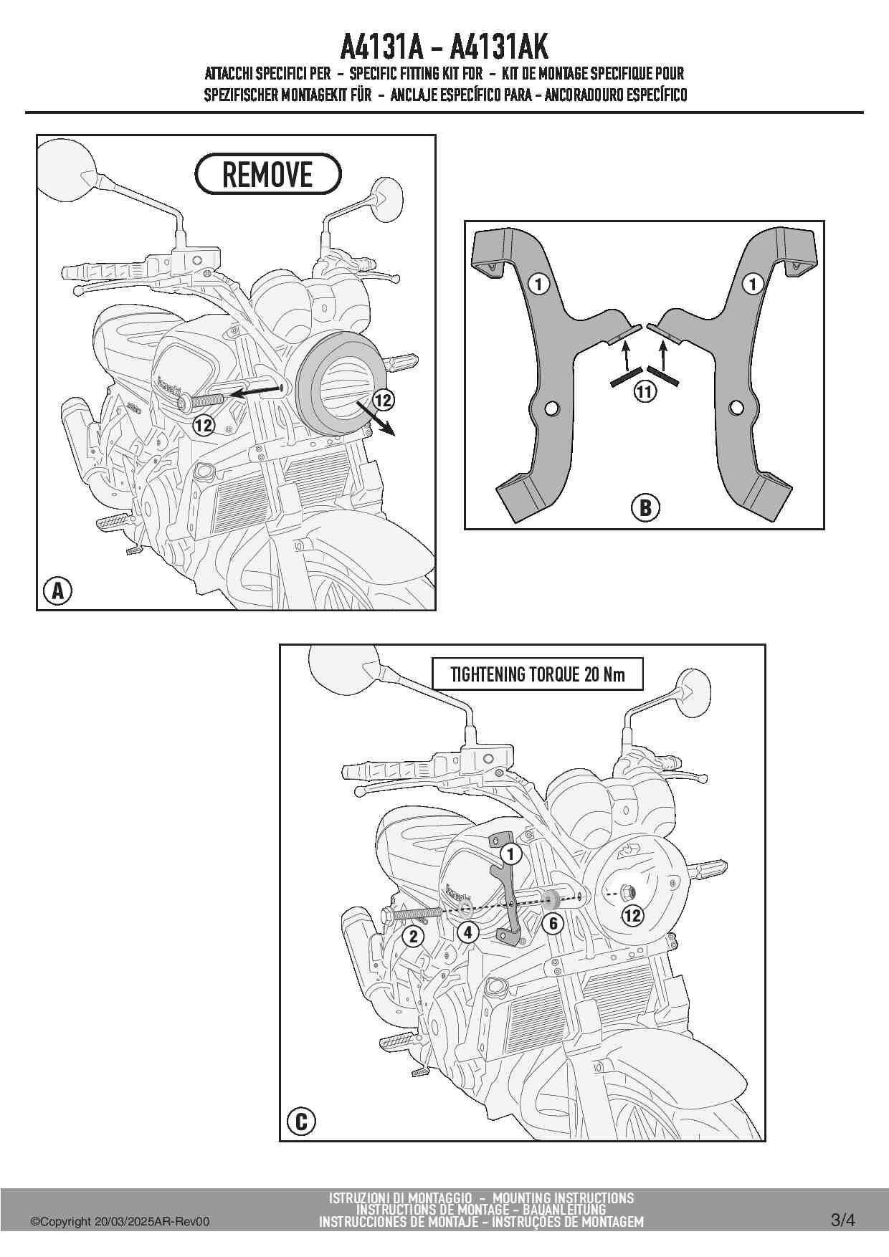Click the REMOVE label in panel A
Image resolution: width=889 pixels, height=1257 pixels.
(267, 174)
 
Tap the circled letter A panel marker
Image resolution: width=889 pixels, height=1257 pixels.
(57, 591)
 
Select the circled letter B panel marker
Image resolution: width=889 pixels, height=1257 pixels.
(645, 507)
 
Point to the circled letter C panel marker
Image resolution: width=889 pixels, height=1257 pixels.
(301, 1121)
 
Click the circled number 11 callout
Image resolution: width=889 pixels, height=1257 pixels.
(645, 391)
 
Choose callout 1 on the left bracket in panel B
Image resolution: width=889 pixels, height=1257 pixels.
(538, 284)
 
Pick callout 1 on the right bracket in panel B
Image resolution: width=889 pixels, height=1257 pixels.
(752, 284)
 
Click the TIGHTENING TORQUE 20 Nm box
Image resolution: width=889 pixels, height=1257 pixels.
(537, 674)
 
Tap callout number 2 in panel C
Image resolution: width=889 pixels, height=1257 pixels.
(413, 936)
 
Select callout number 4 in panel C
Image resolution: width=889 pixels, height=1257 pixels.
(467, 932)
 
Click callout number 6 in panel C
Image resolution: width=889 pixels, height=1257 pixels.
(553, 924)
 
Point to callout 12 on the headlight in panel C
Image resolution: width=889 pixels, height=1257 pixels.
(632, 915)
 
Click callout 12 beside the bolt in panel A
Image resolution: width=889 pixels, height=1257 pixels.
(204, 425)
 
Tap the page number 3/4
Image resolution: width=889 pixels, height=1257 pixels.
(842, 1220)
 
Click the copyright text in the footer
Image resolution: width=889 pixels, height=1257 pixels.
(120, 1222)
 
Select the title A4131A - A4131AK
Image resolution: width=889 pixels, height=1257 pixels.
(444, 47)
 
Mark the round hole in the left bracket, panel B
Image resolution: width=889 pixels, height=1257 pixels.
(551, 408)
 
